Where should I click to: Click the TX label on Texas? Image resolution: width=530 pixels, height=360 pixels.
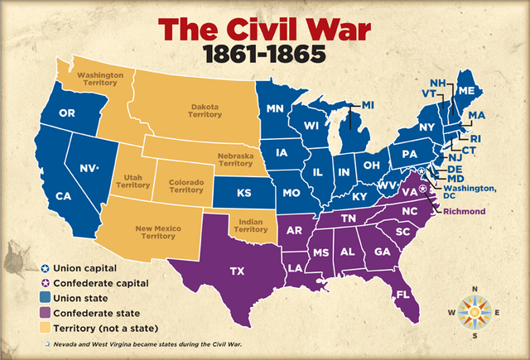click(x=237, y=271)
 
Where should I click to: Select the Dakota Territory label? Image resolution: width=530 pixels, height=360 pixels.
click(x=206, y=112)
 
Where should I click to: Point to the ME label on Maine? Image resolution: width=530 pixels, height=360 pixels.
click(x=489, y=90)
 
